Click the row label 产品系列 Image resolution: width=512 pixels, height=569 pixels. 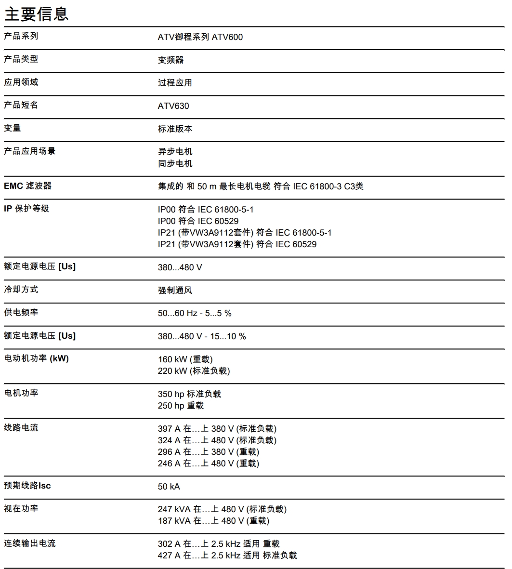pos(21,36)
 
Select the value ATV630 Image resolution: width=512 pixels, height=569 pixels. pos(173,106)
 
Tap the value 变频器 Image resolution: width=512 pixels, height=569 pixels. pos(171,60)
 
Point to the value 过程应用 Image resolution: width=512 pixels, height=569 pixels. pos(175,83)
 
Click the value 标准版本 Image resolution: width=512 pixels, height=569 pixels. pos(175,129)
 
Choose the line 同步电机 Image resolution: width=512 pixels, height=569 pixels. pos(175,164)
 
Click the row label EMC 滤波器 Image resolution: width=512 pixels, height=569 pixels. pos(27,186)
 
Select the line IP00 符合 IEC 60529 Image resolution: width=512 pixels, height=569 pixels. pos(198,221)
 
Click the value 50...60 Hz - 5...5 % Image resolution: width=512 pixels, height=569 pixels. pos(195,314)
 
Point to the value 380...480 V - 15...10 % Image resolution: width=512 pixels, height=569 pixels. pos(202,336)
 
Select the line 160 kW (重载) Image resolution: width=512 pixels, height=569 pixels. pos(185,359)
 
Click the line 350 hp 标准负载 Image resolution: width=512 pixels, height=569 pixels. pos(189,394)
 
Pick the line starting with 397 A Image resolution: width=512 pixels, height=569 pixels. pos(217,429)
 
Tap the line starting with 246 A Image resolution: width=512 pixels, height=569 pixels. pos(209,463)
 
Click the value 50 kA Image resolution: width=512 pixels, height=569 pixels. pos(169,487)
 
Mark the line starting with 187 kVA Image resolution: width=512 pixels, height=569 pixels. pos(213,521)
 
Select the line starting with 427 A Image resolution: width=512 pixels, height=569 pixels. pos(227,556)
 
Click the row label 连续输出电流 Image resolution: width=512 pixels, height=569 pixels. pos(29,543)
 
